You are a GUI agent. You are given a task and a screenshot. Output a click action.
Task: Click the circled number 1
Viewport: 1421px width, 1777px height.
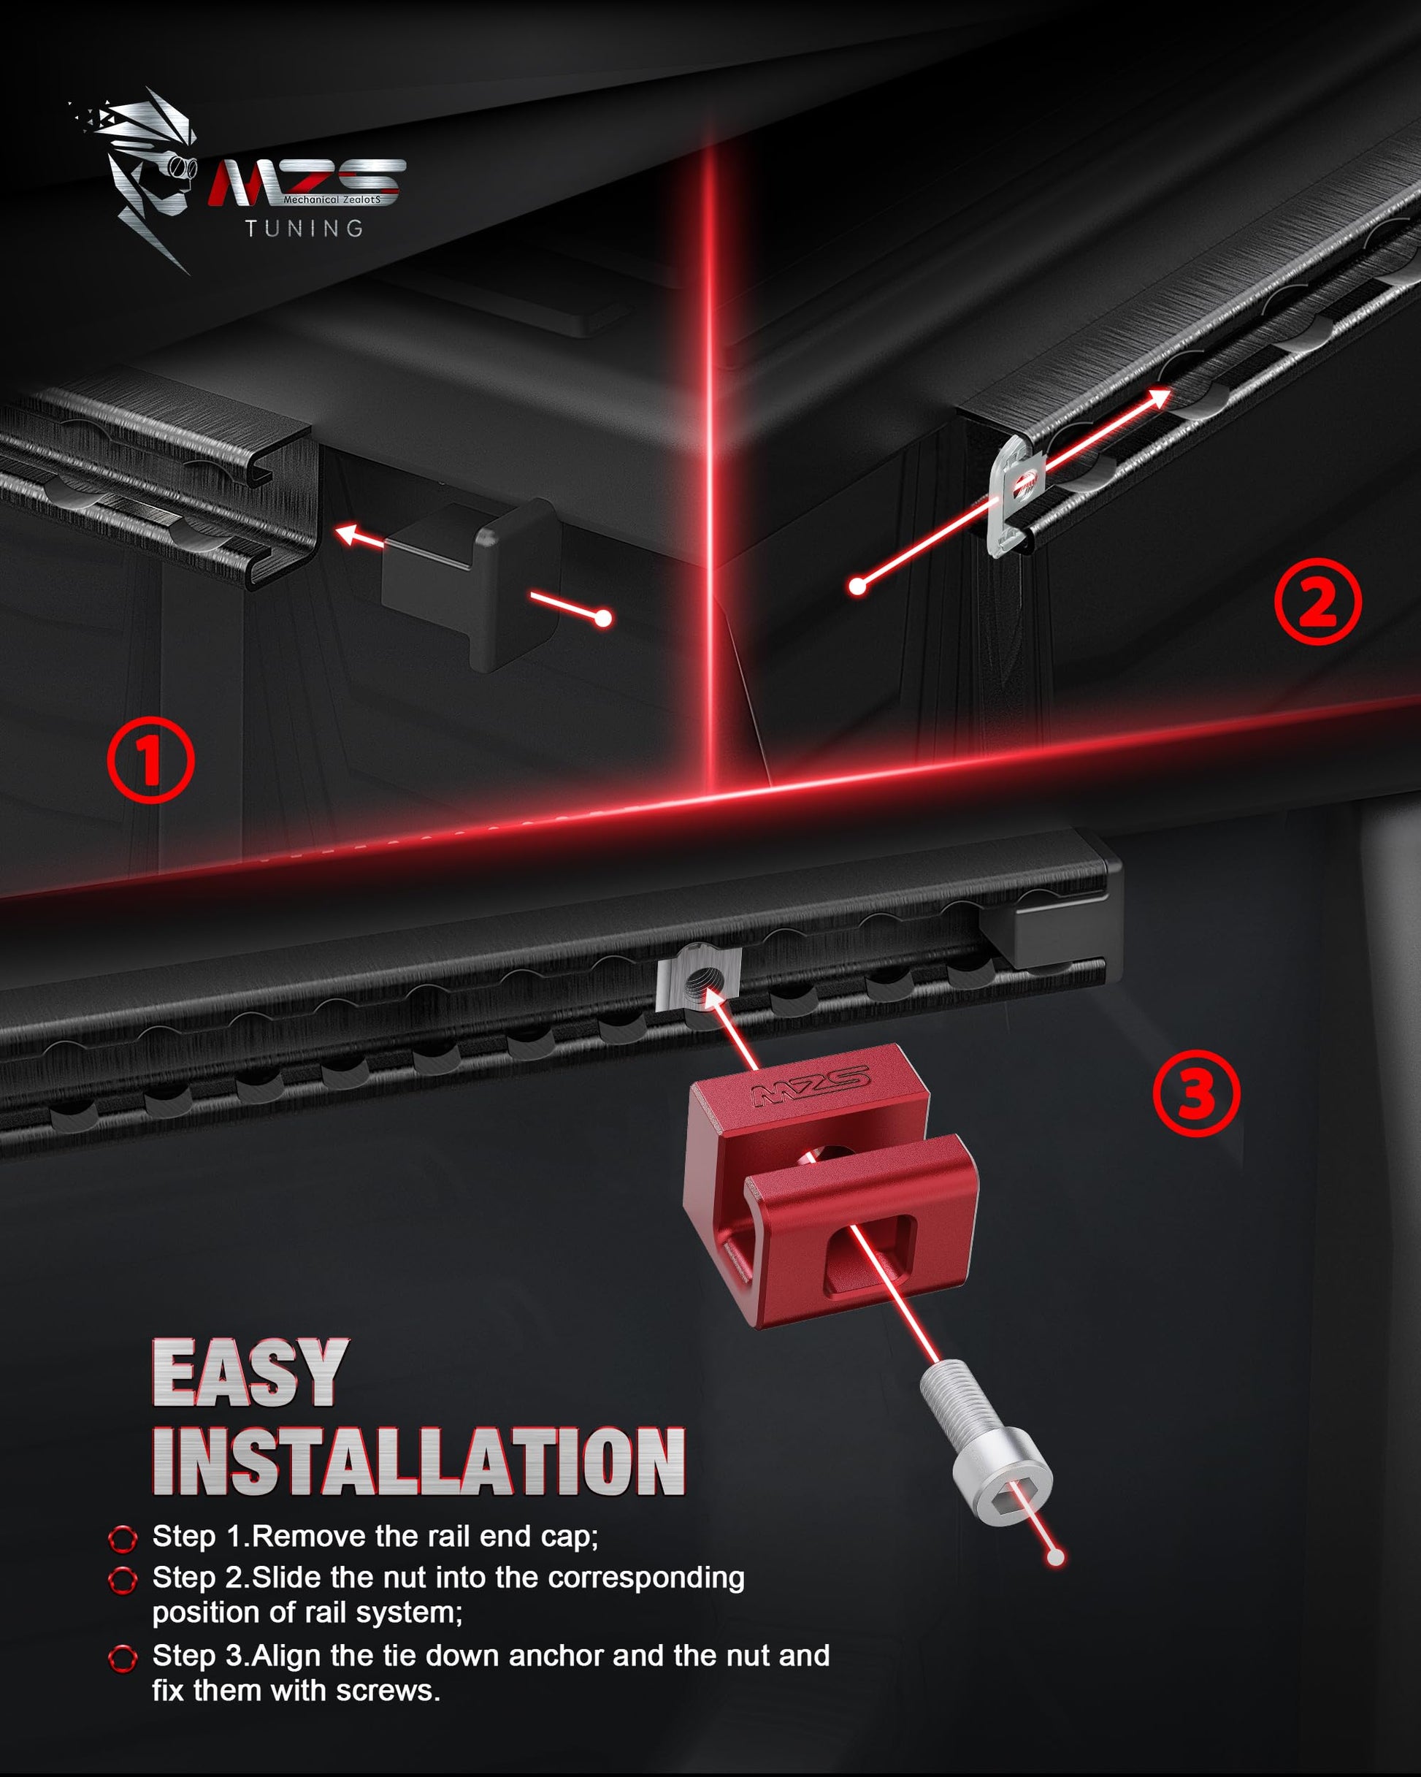click(x=151, y=760)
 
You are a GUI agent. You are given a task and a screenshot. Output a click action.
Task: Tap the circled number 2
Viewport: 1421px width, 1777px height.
click(x=1318, y=602)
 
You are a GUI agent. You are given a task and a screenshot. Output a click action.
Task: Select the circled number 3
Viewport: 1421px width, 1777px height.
click(x=1196, y=1093)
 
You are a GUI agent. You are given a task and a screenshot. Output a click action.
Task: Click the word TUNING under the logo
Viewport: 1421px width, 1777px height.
click(x=304, y=229)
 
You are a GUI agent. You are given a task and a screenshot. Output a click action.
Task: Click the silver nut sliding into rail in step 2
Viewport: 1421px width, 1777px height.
click(x=1017, y=497)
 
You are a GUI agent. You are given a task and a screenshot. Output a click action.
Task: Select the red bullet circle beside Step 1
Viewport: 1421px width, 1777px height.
click(x=123, y=1537)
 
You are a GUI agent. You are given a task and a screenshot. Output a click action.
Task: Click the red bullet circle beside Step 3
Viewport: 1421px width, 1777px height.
click(x=123, y=1658)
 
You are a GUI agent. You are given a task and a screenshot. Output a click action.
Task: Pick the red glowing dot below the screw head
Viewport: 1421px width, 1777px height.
click(x=1055, y=1557)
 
